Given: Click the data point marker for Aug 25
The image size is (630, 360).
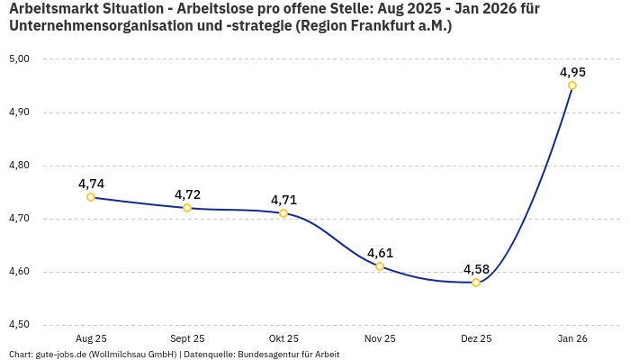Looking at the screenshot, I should (x=91, y=197).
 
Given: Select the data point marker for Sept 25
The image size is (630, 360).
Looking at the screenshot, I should (x=187, y=208).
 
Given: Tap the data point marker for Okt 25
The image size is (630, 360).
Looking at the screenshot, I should (x=283, y=213).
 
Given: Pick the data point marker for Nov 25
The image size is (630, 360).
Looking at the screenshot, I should (x=380, y=266).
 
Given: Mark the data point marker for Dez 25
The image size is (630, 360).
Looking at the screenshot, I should (x=476, y=283).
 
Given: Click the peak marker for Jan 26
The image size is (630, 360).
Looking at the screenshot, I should (x=572, y=85).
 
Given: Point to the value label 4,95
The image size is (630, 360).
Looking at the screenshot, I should (x=572, y=72).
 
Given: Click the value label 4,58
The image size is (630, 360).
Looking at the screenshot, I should (x=476, y=269).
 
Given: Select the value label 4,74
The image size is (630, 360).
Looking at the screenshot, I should (x=91, y=184).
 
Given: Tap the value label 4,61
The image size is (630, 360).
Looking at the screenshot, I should (x=380, y=253).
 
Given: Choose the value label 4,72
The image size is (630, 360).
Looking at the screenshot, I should (x=187, y=194).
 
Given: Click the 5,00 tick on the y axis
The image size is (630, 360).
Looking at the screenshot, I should (x=19, y=59).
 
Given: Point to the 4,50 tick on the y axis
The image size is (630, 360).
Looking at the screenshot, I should (x=19, y=325).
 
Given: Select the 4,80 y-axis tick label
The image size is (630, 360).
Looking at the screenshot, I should (x=19, y=166).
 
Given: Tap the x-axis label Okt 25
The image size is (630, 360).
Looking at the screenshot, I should (x=283, y=338).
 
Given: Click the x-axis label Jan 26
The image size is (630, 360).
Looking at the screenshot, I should (x=572, y=338).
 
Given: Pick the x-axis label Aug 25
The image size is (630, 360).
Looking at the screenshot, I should (x=91, y=338).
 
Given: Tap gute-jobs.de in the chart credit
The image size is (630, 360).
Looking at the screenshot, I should (x=61, y=354).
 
